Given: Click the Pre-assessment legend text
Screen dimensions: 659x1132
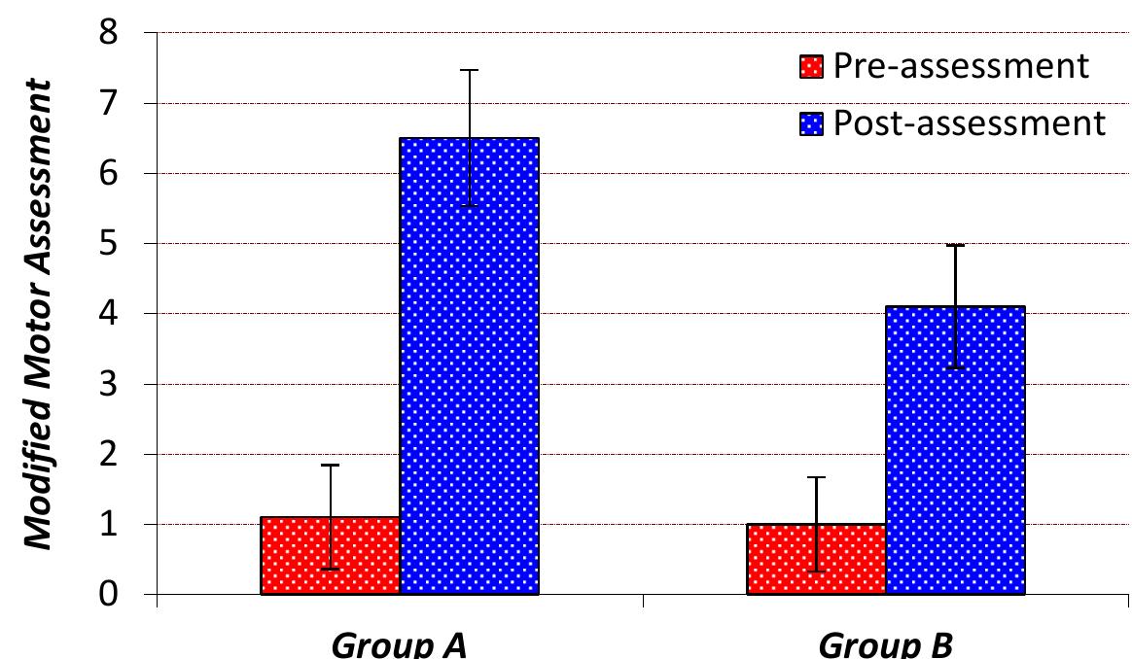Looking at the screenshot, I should click(958, 66).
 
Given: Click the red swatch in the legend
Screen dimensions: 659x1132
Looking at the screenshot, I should click(812, 67).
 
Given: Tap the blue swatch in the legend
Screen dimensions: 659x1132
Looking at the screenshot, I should click(812, 124).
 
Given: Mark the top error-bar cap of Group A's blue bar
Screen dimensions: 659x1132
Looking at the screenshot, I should click(470, 70).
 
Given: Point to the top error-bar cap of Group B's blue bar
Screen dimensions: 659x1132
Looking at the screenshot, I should click(955, 245).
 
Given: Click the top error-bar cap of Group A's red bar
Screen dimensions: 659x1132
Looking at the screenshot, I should click(331, 466).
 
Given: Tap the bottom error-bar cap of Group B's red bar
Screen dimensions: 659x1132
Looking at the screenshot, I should click(816, 572).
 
